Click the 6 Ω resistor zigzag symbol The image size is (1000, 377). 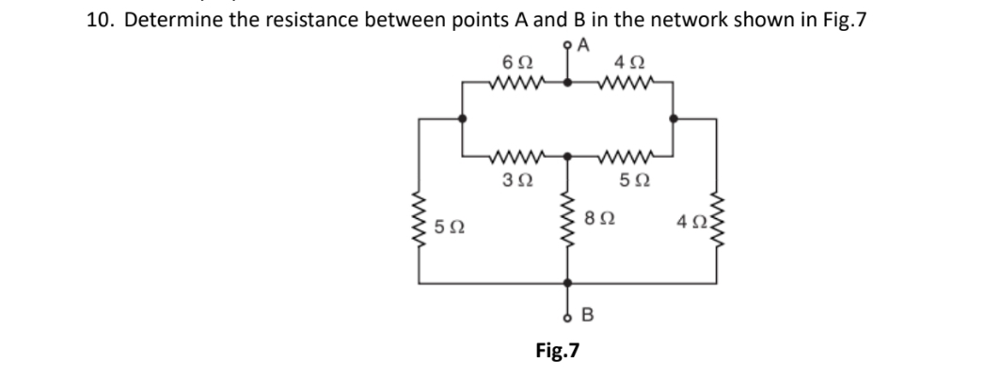(x=516, y=82)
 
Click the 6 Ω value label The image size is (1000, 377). (x=516, y=62)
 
